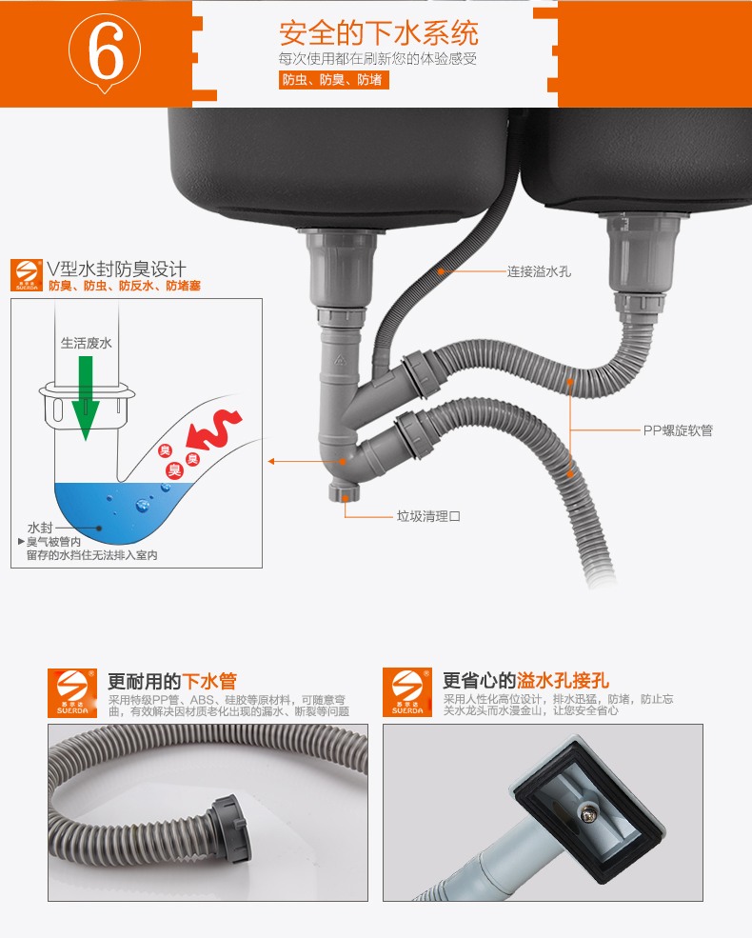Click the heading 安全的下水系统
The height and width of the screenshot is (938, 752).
point(379,33)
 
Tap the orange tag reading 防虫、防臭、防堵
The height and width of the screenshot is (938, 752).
point(333,80)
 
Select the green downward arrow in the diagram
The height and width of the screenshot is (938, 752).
point(86,398)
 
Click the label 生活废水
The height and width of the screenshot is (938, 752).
point(86,343)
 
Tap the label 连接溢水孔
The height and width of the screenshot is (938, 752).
point(539,271)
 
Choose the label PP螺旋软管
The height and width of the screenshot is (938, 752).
point(678,430)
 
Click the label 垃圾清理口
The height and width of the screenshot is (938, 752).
point(428,515)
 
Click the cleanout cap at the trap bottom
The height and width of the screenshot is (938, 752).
point(343,493)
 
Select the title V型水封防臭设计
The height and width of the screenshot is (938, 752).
point(116,269)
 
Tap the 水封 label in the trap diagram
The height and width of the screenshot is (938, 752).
point(40,528)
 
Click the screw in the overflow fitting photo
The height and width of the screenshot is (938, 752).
point(584,811)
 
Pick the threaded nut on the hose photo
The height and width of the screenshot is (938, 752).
point(230,828)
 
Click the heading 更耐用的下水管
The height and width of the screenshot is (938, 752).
point(172,681)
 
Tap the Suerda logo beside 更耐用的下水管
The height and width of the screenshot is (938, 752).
point(72,692)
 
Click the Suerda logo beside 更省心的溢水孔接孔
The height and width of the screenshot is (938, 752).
point(407,692)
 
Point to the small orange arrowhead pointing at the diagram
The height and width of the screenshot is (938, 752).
point(271,461)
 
